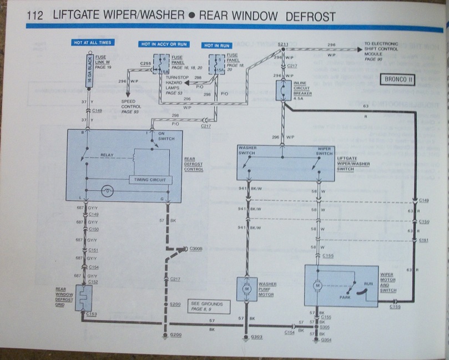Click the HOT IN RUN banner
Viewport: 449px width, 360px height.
(216, 45)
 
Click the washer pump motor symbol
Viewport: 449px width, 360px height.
(246, 289)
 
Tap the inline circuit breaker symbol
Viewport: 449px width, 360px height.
(283, 90)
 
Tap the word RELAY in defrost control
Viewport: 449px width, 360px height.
(107, 155)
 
